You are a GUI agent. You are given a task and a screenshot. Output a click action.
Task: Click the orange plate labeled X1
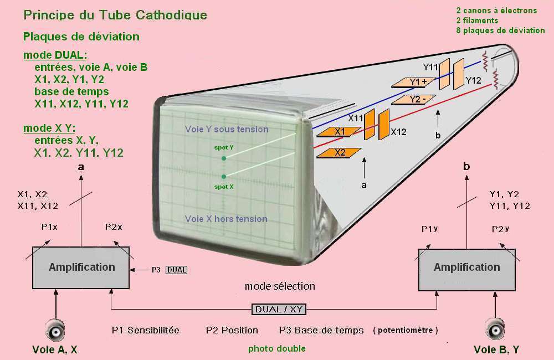pos(338,132)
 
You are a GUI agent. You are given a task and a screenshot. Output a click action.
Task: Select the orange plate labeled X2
pos(338,153)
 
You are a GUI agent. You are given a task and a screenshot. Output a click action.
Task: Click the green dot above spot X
pos(224,176)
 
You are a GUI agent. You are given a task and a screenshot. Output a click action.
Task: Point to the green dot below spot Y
pos(224,158)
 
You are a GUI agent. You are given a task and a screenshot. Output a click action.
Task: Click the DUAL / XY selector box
pos(279,309)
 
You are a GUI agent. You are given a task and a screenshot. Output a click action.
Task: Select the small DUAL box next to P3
pos(177,270)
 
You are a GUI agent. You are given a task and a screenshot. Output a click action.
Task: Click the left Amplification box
pos(81,267)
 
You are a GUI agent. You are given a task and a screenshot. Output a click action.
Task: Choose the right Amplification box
pos(466,268)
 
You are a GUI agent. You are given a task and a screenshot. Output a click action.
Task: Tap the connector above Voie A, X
pos(55,331)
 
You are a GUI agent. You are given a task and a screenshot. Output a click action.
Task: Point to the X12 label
pos(398,132)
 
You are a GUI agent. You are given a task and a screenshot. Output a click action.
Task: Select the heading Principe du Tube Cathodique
pos(115,15)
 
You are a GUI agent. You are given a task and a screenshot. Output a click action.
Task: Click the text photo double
pos(276,348)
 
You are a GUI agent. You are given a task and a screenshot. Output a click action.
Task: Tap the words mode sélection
pos(280,286)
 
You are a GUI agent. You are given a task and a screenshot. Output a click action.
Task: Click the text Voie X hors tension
pos(226,219)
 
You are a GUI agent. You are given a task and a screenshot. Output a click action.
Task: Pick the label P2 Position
pos(232,330)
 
